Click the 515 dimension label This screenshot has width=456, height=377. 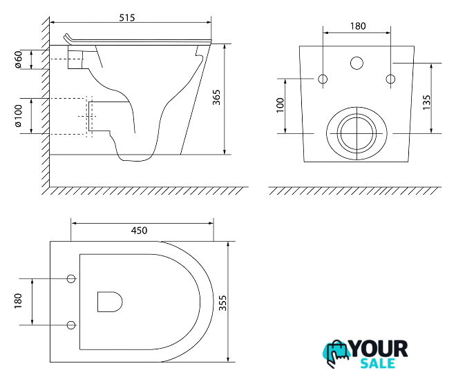[127, 18]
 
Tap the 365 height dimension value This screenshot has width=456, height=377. [216, 97]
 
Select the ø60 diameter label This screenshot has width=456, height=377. [19, 59]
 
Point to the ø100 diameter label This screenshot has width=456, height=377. [18, 116]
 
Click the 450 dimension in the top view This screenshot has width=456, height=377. [139, 231]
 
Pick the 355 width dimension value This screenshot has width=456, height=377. [222, 302]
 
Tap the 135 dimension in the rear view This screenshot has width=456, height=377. [426, 102]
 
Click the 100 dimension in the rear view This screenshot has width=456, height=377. [280, 105]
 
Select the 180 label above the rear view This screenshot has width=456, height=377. [358, 26]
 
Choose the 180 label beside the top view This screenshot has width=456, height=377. [18, 301]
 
